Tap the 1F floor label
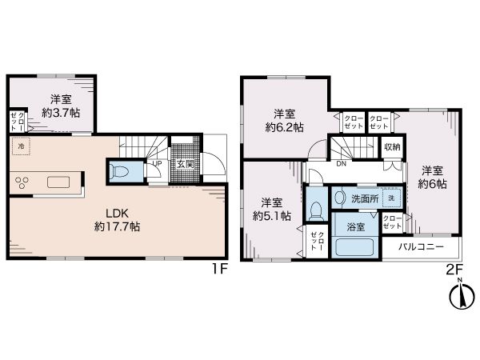[x=220, y=269]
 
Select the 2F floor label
[x=454, y=270]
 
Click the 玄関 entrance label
[x=186, y=164]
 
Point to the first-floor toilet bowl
[x=122, y=171]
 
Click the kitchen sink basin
[x=58, y=182]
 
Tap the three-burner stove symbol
[x=22, y=182]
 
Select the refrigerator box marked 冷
[x=21, y=146]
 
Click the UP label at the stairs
[x=157, y=164]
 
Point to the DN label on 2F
[x=341, y=164]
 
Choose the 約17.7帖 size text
[x=118, y=226]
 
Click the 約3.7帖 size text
[x=61, y=113]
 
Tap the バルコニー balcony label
[x=421, y=246]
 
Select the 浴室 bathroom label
[x=356, y=227]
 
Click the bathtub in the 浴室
[x=354, y=246]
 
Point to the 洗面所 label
[x=365, y=198]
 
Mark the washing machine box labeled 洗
[x=391, y=198]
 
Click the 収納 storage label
[x=392, y=147]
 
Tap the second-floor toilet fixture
[x=315, y=210]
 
